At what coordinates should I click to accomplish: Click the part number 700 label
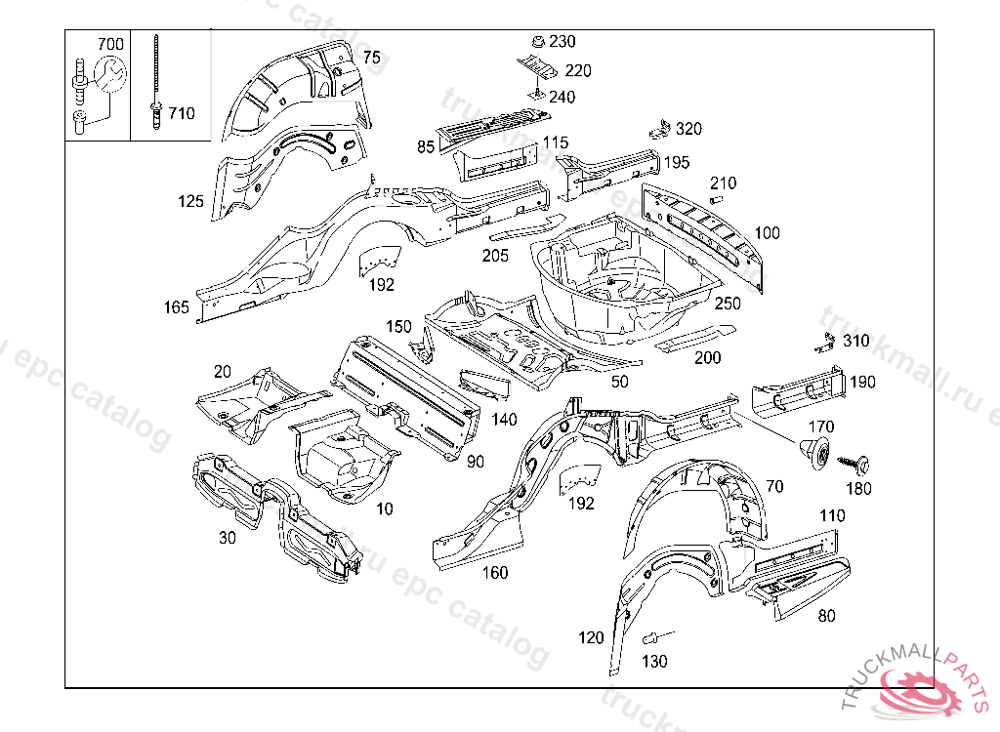[110, 44]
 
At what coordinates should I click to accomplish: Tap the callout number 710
[181, 113]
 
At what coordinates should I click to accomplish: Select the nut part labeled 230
[535, 42]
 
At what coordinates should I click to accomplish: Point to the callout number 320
[688, 129]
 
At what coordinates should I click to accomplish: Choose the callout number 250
[728, 304]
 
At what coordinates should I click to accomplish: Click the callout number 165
[177, 308]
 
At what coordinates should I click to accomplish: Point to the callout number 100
[768, 232]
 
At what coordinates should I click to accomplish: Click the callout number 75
[371, 58]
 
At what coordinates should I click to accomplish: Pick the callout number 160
[495, 573]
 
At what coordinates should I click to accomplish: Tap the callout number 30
[227, 537]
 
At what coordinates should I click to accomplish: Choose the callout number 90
[476, 462]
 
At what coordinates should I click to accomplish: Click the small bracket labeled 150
[423, 347]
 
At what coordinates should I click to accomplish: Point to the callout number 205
[495, 256]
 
